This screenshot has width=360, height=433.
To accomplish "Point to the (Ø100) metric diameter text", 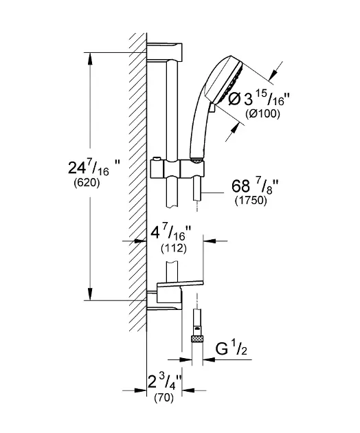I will (x=263, y=114).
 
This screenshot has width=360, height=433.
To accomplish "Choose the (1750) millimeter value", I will (x=251, y=201).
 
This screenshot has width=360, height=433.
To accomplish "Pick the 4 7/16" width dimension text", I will (x=171, y=236).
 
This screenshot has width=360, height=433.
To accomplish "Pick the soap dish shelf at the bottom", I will (x=180, y=285).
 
